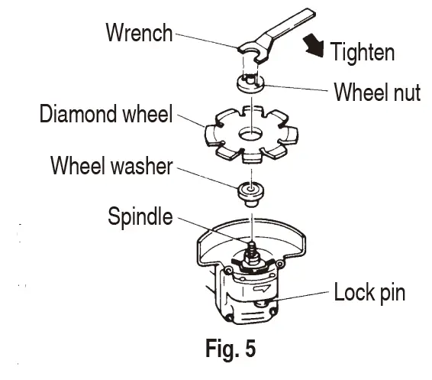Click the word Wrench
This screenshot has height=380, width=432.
(137, 34)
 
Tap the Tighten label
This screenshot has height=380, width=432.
(362, 52)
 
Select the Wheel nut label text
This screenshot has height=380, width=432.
(376, 93)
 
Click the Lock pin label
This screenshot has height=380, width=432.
(369, 292)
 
